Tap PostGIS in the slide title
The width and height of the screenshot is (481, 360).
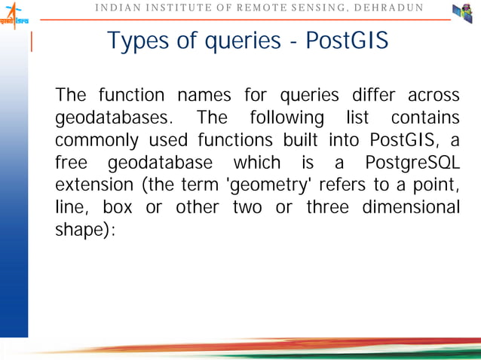pyautogui.click(x=348, y=42)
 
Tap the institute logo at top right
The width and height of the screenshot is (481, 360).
pyautogui.click(x=462, y=14)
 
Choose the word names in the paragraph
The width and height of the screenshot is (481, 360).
pyautogui.click(x=201, y=96)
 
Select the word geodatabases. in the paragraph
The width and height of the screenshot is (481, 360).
pyautogui.click(x=115, y=119)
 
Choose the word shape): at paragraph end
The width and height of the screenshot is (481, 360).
pyautogui.click(x=85, y=230)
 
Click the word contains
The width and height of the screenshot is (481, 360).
pyautogui.click(x=425, y=119)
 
